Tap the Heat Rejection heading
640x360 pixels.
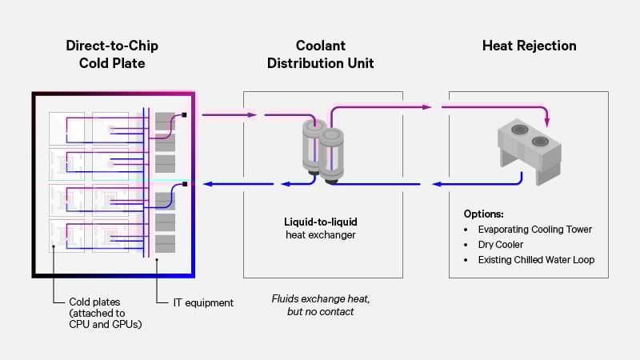click(x=528, y=46)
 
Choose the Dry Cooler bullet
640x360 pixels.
click(x=501, y=245)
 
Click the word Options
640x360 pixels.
click(x=483, y=214)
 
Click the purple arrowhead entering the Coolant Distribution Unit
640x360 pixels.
click(x=254, y=115)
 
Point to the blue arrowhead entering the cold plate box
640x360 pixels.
click(x=206, y=185)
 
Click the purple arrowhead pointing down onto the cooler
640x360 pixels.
click(x=548, y=122)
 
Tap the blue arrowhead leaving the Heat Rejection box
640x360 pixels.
click(x=435, y=185)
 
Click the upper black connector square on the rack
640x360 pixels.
click(x=185, y=115)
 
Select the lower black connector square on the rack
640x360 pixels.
click(x=185, y=185)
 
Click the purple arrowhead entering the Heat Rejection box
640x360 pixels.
click(x=428, y=106)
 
